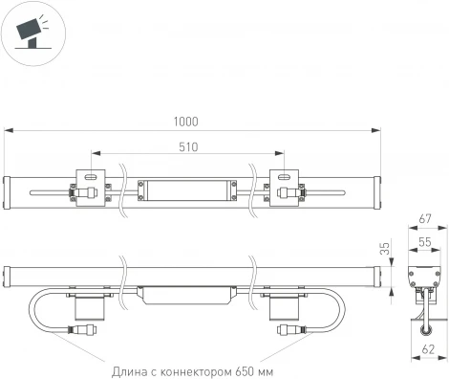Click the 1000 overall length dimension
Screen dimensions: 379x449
click(x=186, y=122)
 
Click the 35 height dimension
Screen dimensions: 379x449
click(x=385, y=248)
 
